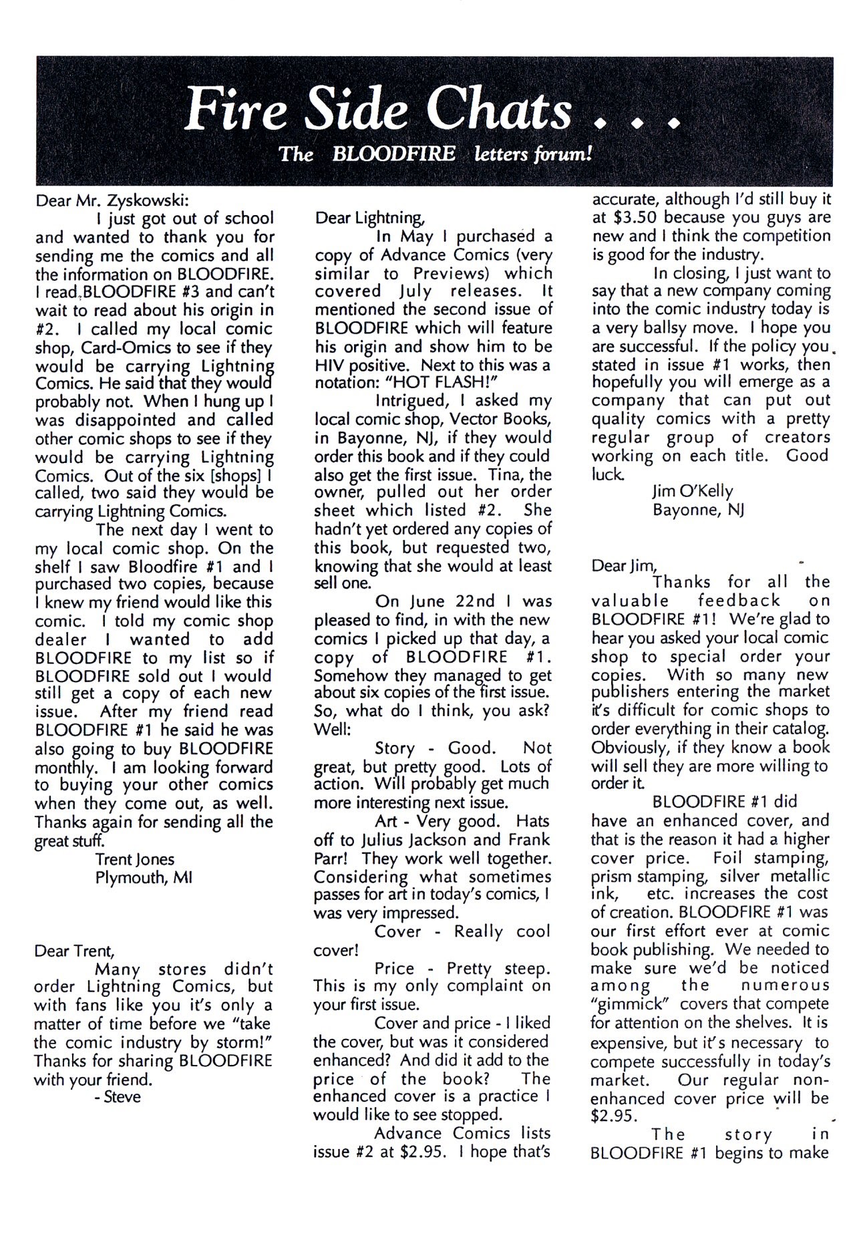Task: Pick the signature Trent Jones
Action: tap(135, 859)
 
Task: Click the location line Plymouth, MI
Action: tap(144, 877)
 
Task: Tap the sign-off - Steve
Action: tap(118, 1097)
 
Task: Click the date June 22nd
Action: tap(437, 602)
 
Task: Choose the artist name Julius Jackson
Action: tap(422, 840)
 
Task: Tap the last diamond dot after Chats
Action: tap(674, 124)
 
